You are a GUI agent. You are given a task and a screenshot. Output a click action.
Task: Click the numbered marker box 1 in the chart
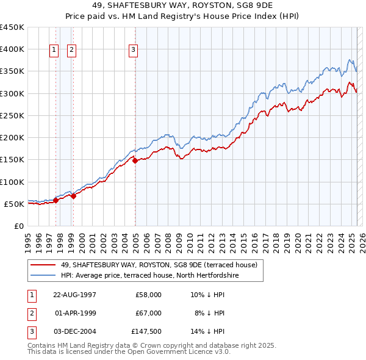54,50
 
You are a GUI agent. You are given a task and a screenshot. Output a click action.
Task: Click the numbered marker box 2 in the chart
72,50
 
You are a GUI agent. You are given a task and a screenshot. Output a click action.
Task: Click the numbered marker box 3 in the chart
134,50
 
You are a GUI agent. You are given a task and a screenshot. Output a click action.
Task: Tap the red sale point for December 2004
135,160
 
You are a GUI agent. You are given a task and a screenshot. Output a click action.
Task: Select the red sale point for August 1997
56,200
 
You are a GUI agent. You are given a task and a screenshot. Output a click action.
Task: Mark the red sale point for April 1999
73,196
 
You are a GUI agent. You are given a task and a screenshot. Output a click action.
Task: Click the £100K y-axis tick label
12,182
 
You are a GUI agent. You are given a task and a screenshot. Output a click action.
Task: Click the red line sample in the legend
43,265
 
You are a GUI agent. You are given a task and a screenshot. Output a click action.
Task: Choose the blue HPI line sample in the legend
43,275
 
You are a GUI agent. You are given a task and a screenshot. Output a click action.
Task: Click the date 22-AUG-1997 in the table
75,294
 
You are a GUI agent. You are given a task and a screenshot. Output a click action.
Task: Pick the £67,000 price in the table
148,313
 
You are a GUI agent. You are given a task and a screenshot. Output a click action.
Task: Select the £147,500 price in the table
146,332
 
